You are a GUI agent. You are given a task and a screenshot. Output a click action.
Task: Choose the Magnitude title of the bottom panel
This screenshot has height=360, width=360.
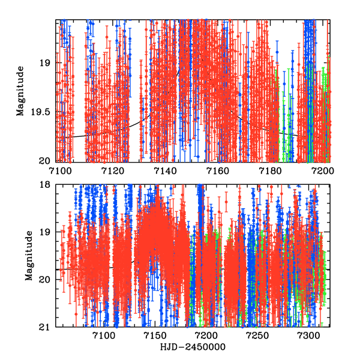pyautogui.click(x=28, y=256)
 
